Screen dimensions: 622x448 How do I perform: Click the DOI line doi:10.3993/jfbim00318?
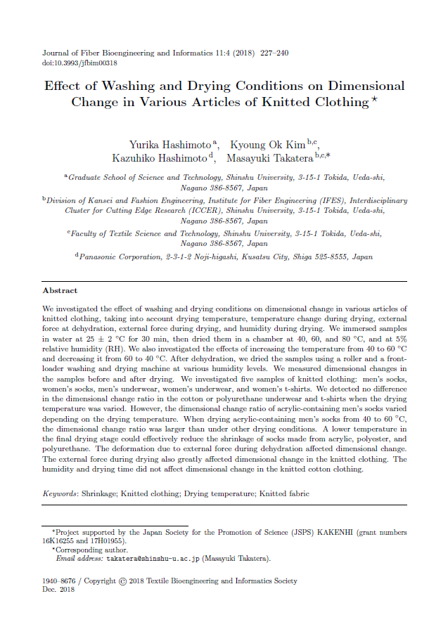[80, 63]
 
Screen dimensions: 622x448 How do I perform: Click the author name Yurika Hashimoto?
[171, 145]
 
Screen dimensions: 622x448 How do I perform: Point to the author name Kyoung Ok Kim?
[269, 145]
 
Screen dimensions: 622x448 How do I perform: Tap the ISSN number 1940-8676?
[58, 581]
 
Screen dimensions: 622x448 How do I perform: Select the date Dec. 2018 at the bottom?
[58, 590]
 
